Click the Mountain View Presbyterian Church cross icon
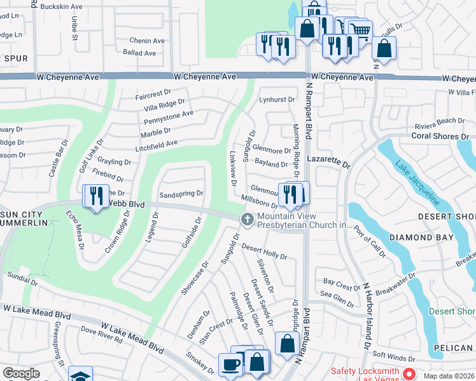247,219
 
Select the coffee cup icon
230,364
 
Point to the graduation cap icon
81,376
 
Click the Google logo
21,373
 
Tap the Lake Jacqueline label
416,184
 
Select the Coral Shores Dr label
440,136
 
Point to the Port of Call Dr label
367,238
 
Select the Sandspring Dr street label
181,193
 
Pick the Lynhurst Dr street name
277,100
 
